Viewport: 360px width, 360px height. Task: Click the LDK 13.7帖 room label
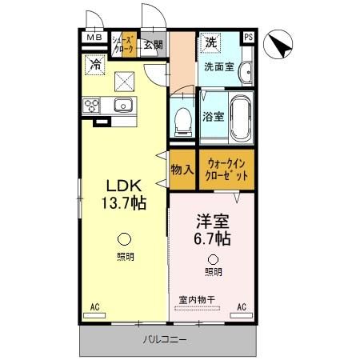click(121, 192)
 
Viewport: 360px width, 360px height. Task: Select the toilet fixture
click(183, 120)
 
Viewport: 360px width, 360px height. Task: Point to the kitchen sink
click(122, 106)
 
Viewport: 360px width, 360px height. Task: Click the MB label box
click(94, 37)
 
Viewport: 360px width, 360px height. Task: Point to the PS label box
click(248, 37)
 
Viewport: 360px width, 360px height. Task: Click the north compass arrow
click(280, 45)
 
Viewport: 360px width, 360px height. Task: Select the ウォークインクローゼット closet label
click(227, 169)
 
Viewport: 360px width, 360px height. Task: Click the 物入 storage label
click(182, 170)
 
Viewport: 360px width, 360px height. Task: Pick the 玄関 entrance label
click(153, 44)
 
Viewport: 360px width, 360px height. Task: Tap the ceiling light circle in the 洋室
click(213, 258)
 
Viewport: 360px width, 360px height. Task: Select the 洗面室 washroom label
click(218, 66)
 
